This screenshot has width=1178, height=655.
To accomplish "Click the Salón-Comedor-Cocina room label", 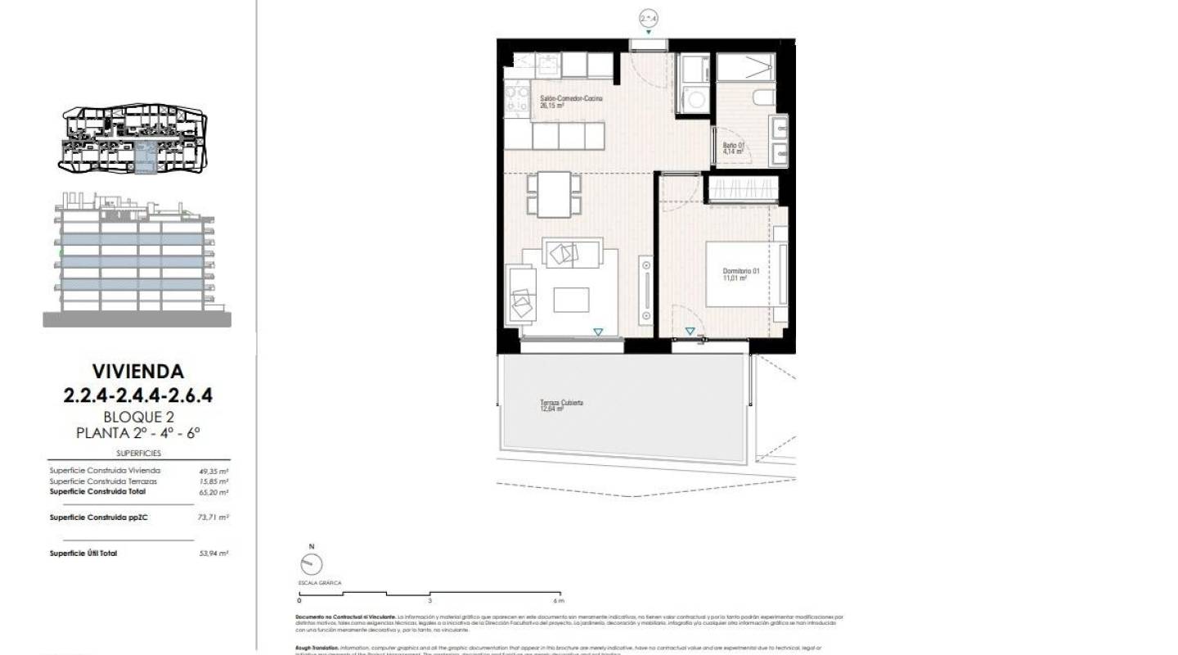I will point(572,102).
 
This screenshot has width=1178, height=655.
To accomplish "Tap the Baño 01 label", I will point(734,149).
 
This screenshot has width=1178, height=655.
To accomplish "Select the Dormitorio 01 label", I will point(741,274).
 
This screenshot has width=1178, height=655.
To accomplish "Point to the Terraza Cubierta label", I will point(561,406).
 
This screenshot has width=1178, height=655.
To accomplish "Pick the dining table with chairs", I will point(554,194).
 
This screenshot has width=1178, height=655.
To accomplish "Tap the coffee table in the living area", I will point(571,300).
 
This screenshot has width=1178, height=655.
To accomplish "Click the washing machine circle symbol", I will point(696,101).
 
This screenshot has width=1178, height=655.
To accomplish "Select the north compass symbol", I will point(312,563).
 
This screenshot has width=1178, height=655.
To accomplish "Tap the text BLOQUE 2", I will point(138,416).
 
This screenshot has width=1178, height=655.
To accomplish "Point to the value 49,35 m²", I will point(214,471).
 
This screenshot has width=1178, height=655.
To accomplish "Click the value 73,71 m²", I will point(214,517).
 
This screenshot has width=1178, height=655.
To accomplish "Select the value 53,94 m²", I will point(214,553).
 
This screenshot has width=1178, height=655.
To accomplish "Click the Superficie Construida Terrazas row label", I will point(103,481).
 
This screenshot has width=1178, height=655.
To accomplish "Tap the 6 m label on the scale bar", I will point(560,600).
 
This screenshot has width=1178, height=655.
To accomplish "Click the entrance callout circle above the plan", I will point(649,18).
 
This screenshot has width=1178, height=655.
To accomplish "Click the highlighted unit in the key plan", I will point(145,156).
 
